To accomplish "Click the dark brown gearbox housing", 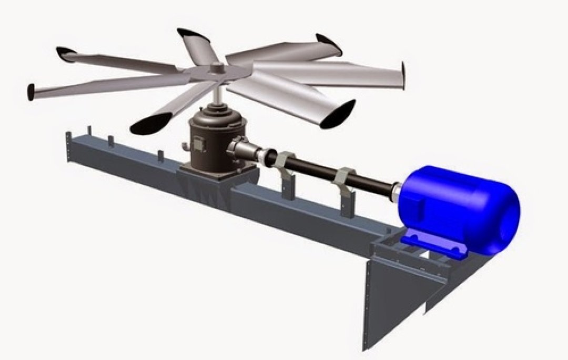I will [x=208, y=139].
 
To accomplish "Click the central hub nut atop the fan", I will [x=216, y=67].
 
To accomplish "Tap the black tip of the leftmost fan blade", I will [x=32, y=92].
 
